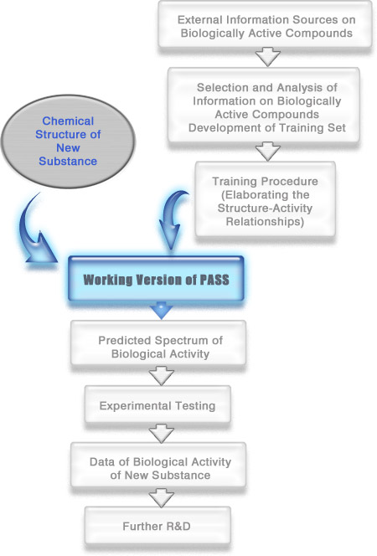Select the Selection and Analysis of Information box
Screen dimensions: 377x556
pyautogui.click(x=264, y=106)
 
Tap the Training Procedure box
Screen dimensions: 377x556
pyautogui.click(x=266, y=199)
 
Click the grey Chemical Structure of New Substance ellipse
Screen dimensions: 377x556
pyautogui.click(x=68, y=142)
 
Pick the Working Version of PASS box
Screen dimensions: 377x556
pyautogui.click(x=156, y=279)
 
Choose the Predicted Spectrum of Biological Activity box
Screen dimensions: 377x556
pyautogui.click(x=158, y=343)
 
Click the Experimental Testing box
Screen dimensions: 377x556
pyautogui.click(x=158, y=404)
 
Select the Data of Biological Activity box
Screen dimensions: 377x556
pyautogui.click(x=158, y=465)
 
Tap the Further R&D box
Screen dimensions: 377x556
pyautogui.click(x=158, y=526)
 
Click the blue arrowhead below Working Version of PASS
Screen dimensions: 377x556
pyautogui.click(x=162, y=311)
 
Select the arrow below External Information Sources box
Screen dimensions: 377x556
pyautogui.click(x=268, y=57)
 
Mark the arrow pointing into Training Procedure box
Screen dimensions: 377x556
pyautogui.click(x=268, y=152)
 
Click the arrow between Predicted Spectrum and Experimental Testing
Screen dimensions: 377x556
pyautogui.click(x=162, y=376)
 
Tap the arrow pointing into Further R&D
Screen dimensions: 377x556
pyautogui.click(x=162, y=497)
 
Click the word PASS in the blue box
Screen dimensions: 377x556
pyautogui.click(x=214, y=280)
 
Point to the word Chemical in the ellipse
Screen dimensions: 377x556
pyautogui.click(x=68, y=121)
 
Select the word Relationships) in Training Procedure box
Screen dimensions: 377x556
pyautogui.click(x=265, y=222)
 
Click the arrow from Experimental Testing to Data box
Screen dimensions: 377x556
pyautogui.click(x=162, y=433)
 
